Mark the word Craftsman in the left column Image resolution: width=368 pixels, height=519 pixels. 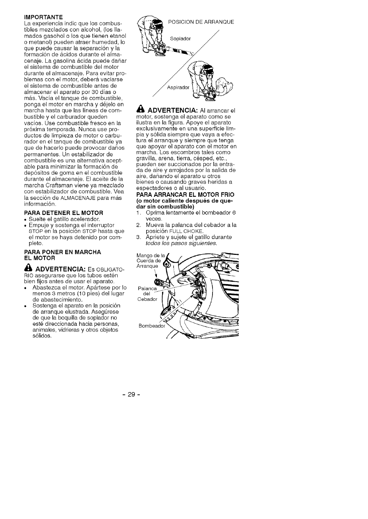click(64, 185)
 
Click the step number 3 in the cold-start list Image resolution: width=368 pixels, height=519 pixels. click(139, 237)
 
